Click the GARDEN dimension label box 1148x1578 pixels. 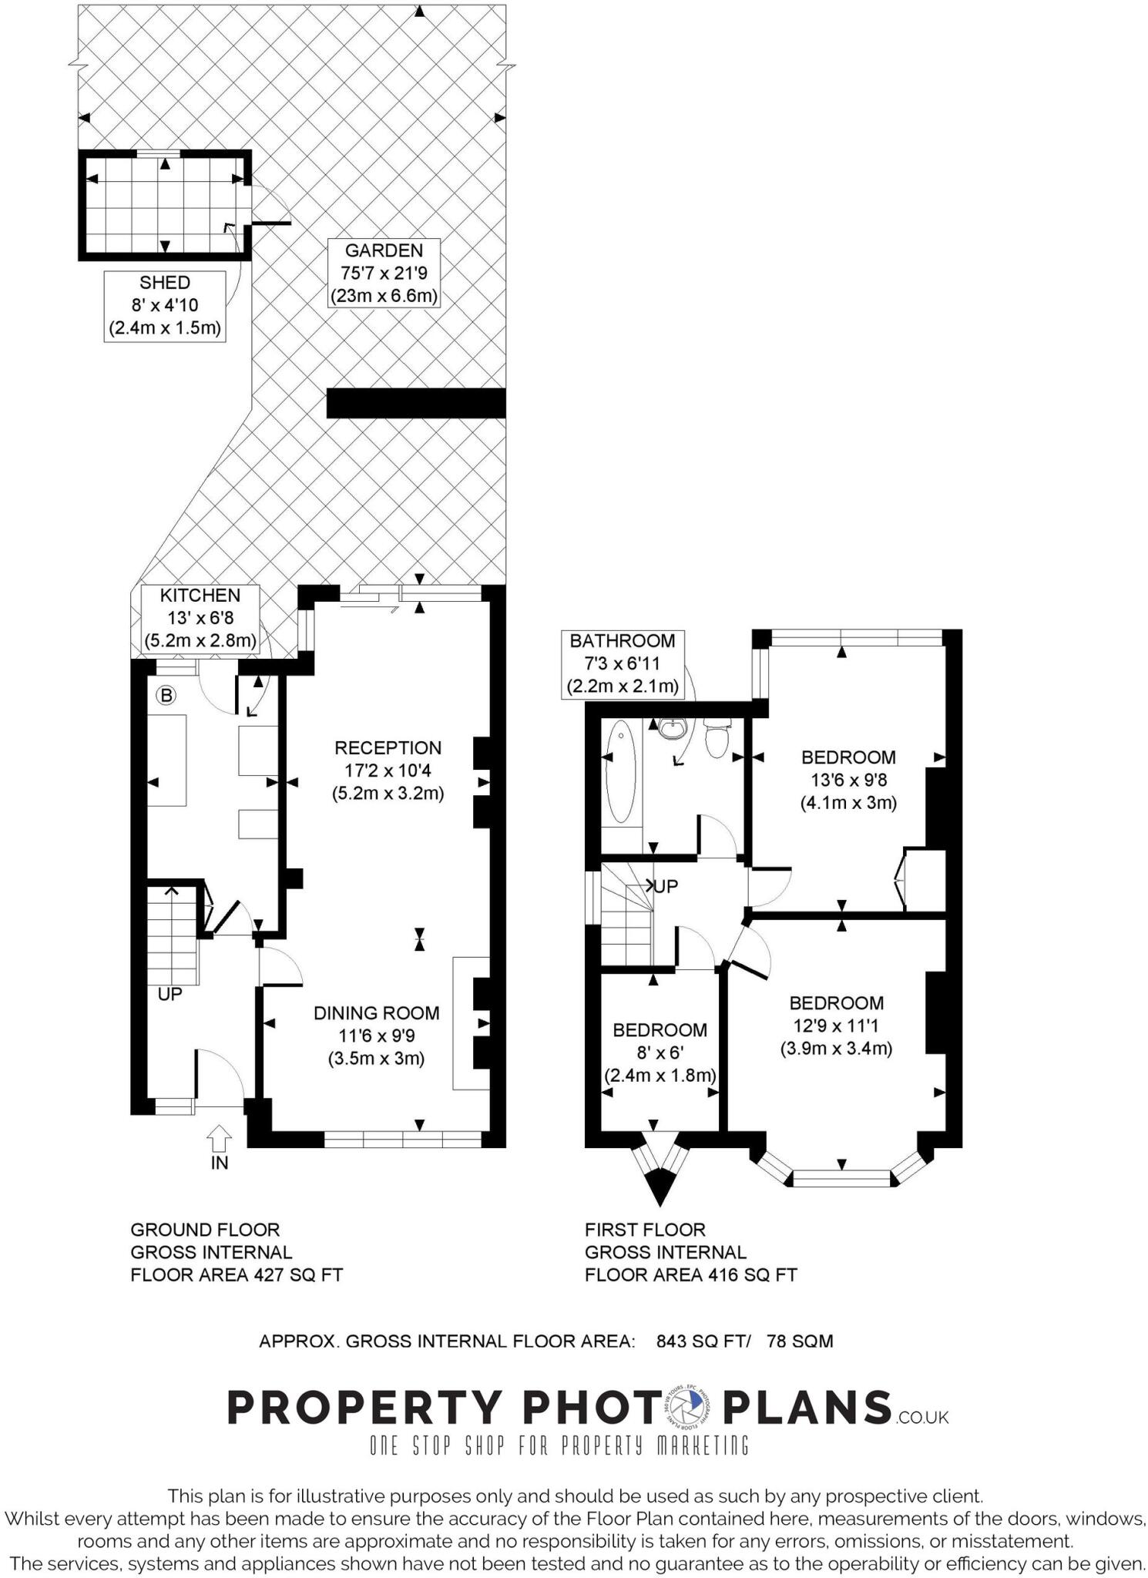tap(384, 273)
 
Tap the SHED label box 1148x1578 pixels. tap(165, 306)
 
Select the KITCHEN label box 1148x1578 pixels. tap(200, 618)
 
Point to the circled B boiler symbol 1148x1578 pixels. tap(166, 696)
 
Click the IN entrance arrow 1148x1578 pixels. tap(220, 1139)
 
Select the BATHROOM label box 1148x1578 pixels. tap(622, 663)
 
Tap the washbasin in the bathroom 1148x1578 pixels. tap(673, 727)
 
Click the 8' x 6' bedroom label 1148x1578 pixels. tap(660, 1053)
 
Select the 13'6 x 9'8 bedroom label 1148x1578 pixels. tap(848, 780)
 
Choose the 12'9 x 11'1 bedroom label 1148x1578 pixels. tap(836, 1026)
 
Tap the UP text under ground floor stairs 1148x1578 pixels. tap(170, 995)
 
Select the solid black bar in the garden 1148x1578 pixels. tap(416, 403)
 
